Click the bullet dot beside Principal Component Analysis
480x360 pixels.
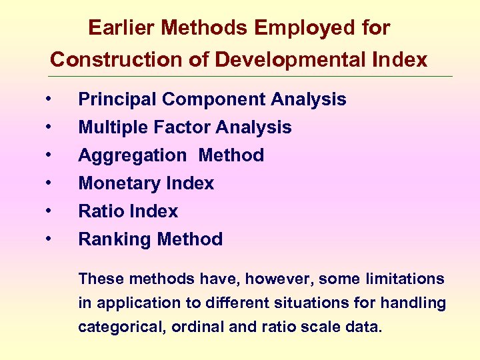49,99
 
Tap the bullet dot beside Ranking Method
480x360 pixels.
49,239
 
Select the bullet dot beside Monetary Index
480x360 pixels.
49,183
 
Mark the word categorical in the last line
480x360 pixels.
115,327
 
